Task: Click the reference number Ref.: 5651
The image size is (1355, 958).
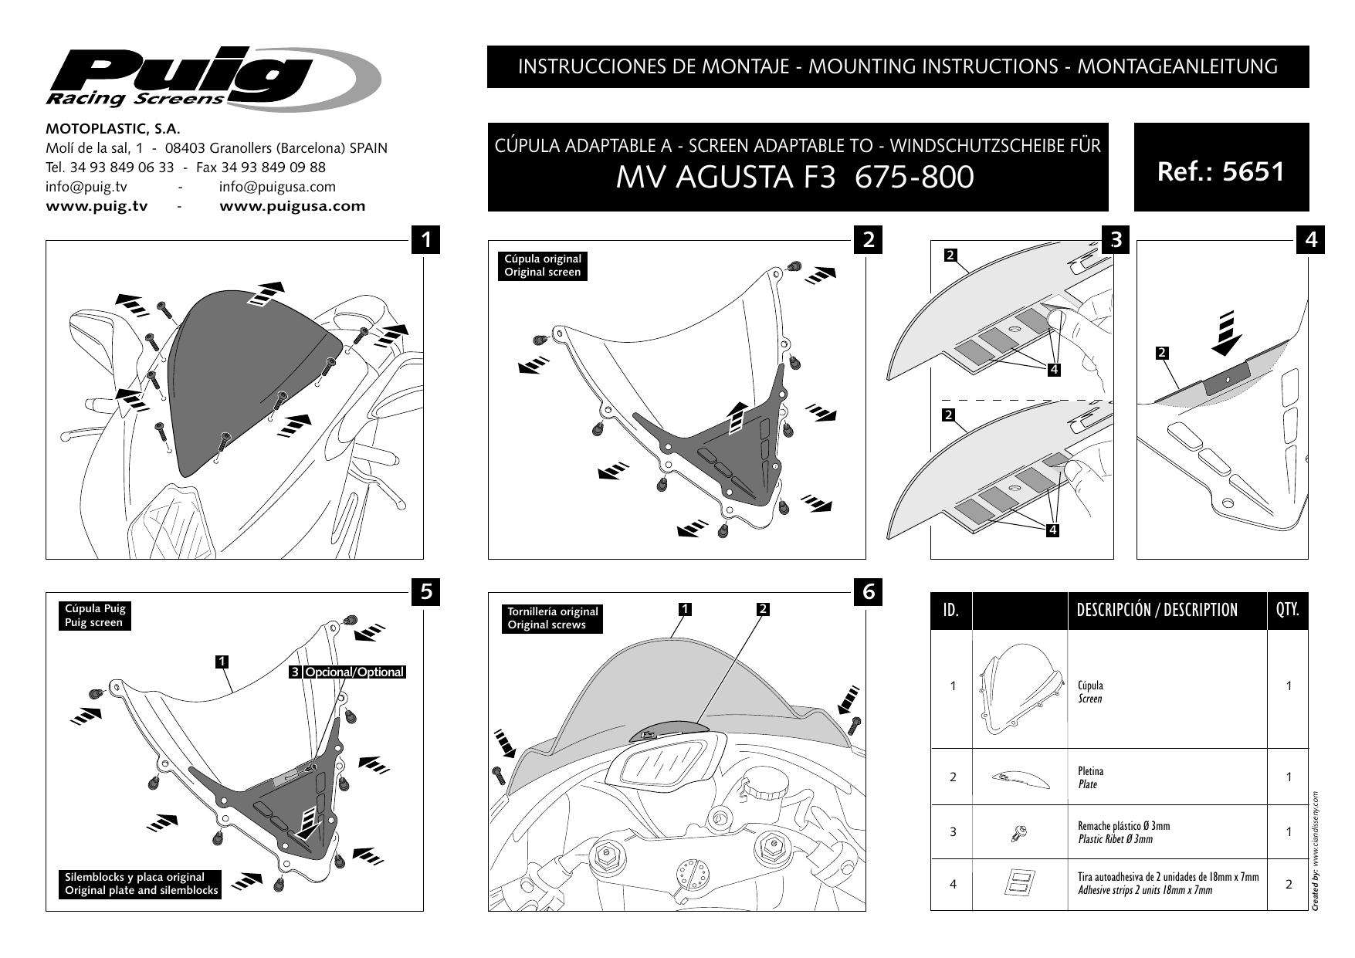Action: coord(1221,171)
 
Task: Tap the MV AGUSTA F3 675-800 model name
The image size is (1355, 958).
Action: coord(794,178)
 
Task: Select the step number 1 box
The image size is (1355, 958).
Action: coord(426,240)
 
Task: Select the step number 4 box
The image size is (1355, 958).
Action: coord(1310,240)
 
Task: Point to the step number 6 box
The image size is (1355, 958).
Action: coord(869,592)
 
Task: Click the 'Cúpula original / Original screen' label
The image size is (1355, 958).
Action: coord(542,266)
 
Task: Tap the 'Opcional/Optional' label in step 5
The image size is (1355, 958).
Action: coord(354,672)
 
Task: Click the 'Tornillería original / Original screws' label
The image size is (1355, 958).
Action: coord(552,618)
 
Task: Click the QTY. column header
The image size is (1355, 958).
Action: coord(1287,611)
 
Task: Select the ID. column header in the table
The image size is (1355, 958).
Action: coord(951,611)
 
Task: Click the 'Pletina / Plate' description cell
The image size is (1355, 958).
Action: coord(1090,777)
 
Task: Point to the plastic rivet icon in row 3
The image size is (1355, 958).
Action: coord(1018,832)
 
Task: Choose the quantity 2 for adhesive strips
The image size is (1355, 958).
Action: coord(1288,884)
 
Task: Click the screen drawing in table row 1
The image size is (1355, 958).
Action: coord(1019,690)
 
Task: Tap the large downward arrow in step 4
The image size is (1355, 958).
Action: coord(1226,331)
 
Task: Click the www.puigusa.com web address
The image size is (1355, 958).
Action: coord(293,206)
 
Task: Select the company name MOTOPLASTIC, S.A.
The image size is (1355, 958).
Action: coord(113,129)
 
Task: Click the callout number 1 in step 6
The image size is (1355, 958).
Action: coord(684,609)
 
